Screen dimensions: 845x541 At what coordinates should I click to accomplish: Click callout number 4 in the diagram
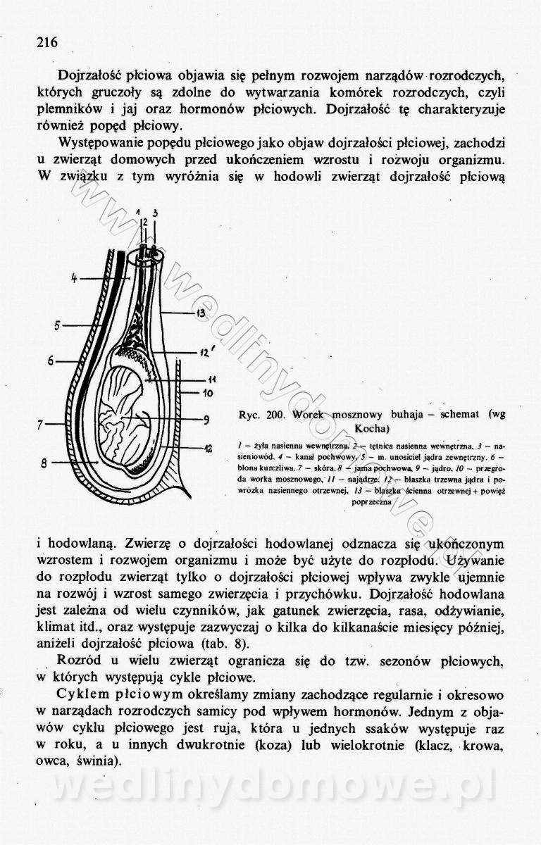74,277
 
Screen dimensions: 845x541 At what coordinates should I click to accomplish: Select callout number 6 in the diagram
51,361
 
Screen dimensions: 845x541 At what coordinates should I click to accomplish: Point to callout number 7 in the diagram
42,425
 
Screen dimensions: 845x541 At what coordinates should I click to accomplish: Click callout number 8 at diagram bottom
44,463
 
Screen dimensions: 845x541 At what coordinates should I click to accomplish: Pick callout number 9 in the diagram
207,420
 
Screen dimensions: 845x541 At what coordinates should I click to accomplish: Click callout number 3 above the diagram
155,213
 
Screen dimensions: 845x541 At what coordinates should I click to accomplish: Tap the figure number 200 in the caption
275,415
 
